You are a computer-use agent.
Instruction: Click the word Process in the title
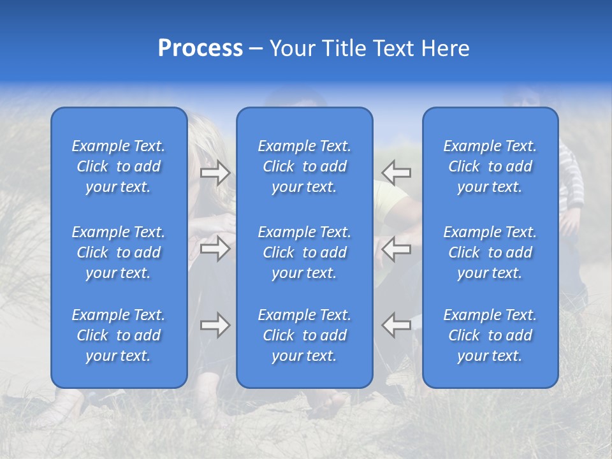(200, 48)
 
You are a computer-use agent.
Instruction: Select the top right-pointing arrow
(215, 173)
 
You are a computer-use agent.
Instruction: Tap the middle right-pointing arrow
(215, 249)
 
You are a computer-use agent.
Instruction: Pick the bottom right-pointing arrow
(215, 325)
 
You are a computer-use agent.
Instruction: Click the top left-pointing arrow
(397, 173)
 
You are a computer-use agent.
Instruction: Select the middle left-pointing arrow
(397, 249)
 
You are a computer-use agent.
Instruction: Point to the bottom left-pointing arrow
(397, 325)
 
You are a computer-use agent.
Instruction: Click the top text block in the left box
(119, 166)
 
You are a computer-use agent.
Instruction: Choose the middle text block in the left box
(119, 252)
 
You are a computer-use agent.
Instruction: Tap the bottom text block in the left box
(119, 335)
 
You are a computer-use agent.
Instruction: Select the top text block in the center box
(305, 166)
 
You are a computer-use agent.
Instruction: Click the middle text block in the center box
(305, 252)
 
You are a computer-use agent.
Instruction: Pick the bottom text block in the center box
(305, 335)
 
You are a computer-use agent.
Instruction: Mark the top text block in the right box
(490, 166)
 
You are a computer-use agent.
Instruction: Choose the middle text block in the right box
(490, 252)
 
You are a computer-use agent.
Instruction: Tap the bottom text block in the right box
(490, 335)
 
